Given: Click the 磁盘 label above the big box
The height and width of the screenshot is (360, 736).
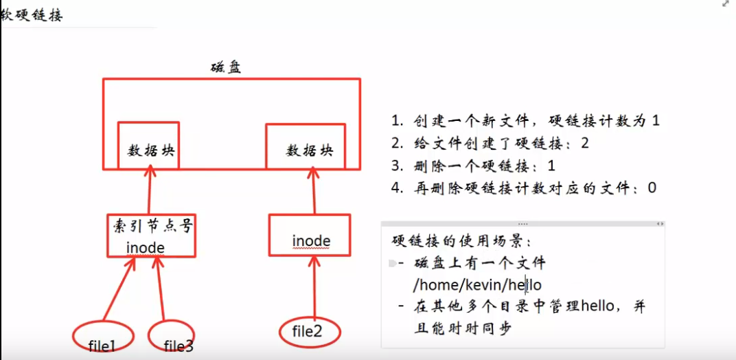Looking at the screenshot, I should [x=226, y=68].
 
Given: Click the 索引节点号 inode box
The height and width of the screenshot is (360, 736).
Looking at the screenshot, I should [x=148, y=236].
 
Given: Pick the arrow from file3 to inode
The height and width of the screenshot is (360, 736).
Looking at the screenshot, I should [x=161, y=289].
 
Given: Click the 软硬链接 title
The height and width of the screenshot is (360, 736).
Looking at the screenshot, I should [x=32, y=14].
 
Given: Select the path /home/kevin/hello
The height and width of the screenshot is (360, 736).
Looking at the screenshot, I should [x=477, y=284].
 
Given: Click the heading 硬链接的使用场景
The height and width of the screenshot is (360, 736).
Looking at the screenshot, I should [x=461, y=241].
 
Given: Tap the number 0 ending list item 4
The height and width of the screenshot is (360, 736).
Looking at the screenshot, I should [x=652, y=187].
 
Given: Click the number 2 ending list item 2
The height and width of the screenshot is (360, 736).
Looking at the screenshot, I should [x=584, y=143].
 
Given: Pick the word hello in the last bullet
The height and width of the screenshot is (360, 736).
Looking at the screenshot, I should [x=601, y=307].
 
